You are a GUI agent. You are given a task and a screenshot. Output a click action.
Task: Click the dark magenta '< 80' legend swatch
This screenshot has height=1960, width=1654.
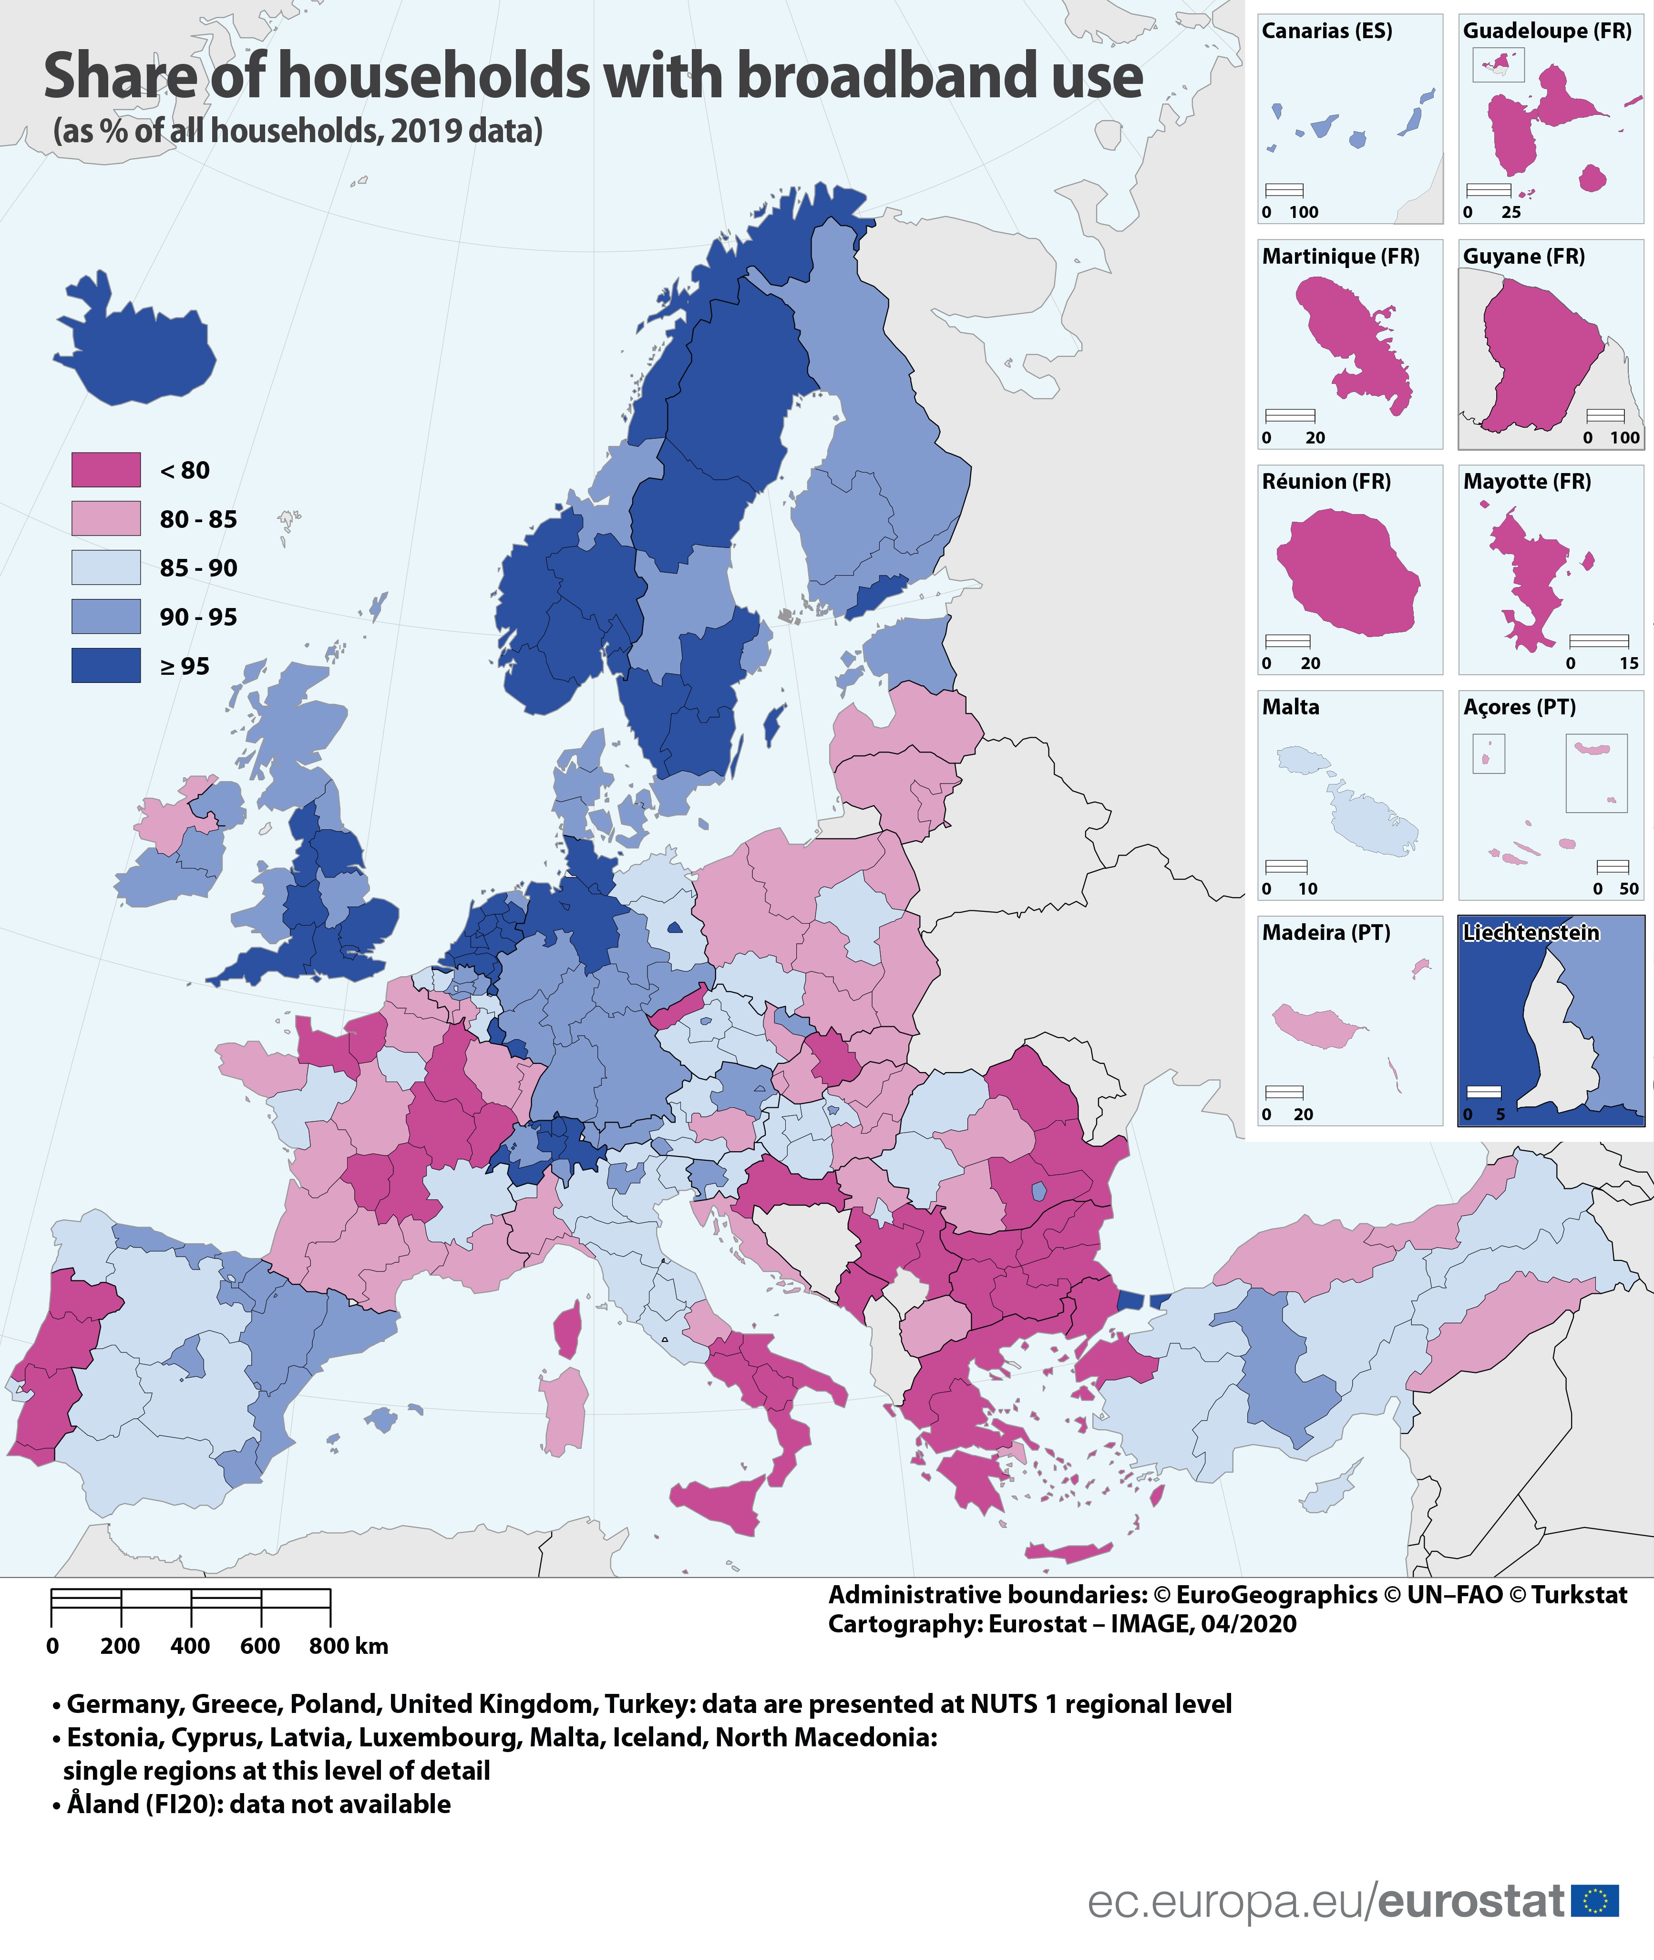point(106,470)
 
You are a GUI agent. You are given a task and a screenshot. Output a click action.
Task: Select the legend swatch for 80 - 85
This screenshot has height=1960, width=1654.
point(106,518)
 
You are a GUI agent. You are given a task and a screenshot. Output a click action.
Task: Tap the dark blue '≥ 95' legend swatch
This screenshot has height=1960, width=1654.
point(106,666)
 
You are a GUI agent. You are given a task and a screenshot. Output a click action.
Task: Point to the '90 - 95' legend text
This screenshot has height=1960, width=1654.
point(198,617)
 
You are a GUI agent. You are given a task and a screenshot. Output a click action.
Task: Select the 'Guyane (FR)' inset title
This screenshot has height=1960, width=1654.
point(1524,256)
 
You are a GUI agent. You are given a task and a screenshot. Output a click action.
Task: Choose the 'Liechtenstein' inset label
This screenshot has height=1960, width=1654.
point(1530,932)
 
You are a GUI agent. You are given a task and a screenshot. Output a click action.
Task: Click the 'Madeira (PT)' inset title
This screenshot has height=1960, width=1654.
point(1326,932)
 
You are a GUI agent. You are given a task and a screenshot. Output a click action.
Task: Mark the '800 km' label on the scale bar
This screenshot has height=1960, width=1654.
point(348,1646)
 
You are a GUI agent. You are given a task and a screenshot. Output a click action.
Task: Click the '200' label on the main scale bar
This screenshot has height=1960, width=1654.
point(120,1646)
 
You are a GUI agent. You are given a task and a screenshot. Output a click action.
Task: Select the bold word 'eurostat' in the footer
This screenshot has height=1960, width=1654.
point(1471,1901)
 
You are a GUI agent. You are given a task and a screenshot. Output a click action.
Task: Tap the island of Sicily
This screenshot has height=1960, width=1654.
point(722,1500)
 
